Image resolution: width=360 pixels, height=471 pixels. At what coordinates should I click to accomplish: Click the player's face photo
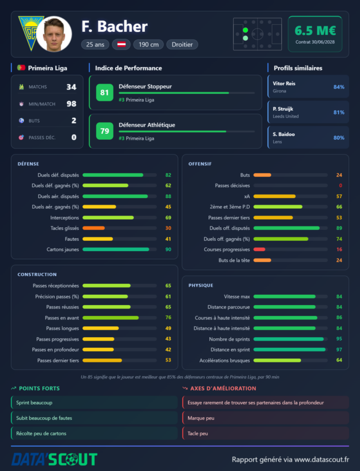54,34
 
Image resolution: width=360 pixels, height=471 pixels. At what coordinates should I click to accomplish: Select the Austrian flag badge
121,45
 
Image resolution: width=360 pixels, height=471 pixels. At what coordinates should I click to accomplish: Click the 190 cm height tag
149,45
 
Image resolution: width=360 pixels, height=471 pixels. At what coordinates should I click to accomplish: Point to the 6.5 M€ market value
315,31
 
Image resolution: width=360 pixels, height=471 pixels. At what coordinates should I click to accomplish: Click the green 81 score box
104,92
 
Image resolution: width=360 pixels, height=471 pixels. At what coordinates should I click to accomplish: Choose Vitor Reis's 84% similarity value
339,87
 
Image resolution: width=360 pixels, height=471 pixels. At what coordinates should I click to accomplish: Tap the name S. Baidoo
284,134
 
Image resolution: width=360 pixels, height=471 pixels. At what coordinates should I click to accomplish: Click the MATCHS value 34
71,87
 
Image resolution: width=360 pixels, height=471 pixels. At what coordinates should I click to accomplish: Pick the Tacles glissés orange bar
94,228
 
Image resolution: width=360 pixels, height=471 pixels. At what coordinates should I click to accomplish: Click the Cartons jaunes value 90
168,249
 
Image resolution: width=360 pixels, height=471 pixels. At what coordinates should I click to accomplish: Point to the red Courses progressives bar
259,249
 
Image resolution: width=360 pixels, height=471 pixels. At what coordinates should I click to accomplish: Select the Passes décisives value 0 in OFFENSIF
341,185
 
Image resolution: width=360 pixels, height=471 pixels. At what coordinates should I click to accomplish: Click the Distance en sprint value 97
339,350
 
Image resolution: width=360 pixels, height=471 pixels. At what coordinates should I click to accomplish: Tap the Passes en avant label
62,318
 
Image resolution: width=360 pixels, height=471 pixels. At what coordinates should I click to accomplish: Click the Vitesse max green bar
285,297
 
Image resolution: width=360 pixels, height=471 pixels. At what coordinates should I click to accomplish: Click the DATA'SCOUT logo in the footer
54,460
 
